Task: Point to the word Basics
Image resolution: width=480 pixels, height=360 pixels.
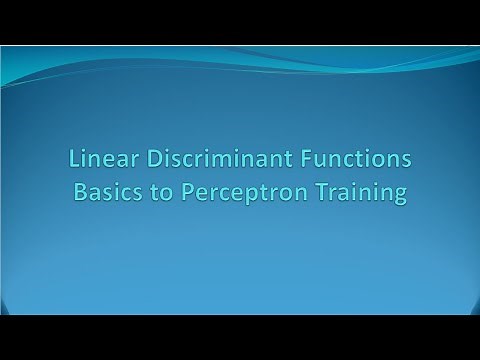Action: click(104, 192)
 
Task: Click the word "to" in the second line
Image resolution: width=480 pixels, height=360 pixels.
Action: click(158, 192)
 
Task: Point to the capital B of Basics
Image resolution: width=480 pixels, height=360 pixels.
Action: click(79, 192)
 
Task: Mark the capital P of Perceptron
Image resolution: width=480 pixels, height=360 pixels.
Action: click(187, 192)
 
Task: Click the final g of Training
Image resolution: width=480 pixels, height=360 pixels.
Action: click(400, 196)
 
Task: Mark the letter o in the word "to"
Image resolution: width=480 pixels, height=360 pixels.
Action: click(164, 194)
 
